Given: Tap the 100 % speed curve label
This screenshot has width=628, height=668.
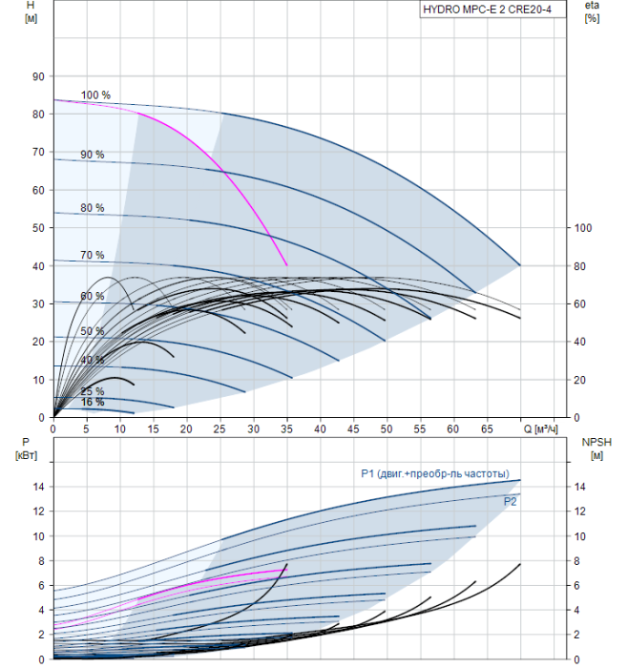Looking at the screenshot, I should click(x=95, y=95).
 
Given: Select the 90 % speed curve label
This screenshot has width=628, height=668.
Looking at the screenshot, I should click(x=93, y=155).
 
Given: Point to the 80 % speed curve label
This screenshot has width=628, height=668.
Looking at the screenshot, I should click(x=93, y=207).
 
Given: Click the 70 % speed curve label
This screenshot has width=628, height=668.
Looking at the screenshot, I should click(x=93, y=255).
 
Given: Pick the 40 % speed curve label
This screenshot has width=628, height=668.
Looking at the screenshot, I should click(x=93, y=360).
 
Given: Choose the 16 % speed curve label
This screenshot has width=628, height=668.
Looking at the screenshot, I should click(x=93, y=403).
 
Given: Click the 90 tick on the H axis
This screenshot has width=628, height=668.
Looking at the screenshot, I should click(x=38, y=76).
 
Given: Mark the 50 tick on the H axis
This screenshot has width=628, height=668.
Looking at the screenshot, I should click(x=38, y=228).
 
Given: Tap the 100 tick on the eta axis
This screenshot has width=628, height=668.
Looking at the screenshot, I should click(x=583, y=228).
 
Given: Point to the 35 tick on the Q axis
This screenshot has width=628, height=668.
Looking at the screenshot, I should click(x=286, y=429).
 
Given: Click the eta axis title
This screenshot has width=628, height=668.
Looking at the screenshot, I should click(x=592, y=11).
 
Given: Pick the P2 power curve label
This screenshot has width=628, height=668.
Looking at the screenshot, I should click(x=511, y=500).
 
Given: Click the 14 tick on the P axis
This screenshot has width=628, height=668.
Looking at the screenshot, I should click(x=38, y=487).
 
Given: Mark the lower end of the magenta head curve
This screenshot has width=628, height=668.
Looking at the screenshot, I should click(x=286, y=265).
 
